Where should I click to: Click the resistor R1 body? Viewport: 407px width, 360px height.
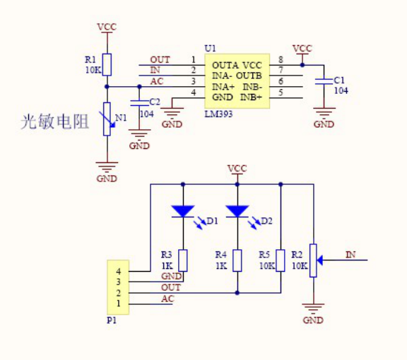[x=107, y=65]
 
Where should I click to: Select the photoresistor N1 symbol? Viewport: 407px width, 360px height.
[x=107, y=119]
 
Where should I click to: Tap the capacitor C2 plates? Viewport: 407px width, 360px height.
[x=139, y=103]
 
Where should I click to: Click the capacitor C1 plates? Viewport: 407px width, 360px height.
[x=324, y=81]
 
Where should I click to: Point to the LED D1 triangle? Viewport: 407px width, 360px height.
[x=183, y=211]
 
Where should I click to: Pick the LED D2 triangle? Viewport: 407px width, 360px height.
[x=237, y=211]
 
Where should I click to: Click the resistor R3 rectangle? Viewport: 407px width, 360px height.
[x=183, y=260]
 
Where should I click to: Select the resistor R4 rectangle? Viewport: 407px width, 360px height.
[x=237, y=260]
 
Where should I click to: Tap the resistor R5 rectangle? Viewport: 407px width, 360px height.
[x=281, y=260]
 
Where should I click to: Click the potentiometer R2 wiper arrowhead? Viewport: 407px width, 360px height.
[x=320, y=260]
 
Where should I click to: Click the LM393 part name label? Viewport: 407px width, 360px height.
[x=218, y=114]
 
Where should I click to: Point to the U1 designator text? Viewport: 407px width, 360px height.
[x=211, y=49]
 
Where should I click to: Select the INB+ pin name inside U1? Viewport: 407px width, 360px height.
[x=251, y=97]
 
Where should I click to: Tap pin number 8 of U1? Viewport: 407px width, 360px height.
[x=281, y=60]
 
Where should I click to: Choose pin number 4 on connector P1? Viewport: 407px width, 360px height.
[x=119, y=271]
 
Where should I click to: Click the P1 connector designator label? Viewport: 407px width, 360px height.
[x=112, y=320]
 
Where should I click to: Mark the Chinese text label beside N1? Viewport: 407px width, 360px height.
[x=55, y=121]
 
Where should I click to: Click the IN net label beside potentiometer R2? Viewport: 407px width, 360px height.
[x=350, y=255]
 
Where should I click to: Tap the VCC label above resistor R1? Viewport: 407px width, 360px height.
[x=107, y=27]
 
